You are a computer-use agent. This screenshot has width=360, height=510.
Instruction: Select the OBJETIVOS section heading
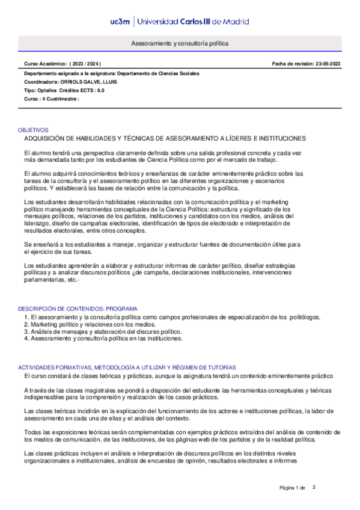click(x=32, y=130)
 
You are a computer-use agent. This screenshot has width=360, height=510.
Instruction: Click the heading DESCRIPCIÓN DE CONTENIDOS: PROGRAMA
click(x=78, y=308)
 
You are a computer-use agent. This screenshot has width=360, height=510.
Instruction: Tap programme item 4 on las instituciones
click(x=103, y=339)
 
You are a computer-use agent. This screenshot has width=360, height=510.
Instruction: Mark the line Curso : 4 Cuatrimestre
click(x=52, y=98)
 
